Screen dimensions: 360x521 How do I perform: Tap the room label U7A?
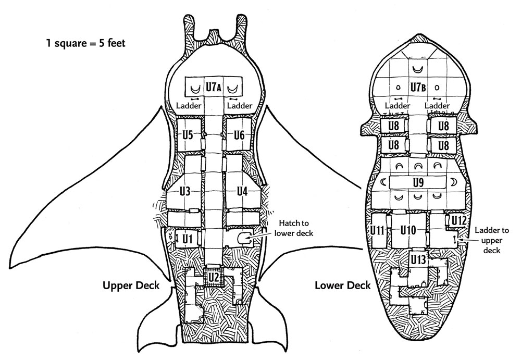[x=213, y=88]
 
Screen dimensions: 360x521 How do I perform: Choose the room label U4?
[x=242, y=191]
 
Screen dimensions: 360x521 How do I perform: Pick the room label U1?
[x=188, y=239]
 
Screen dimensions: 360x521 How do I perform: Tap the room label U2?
[x=213, y=277]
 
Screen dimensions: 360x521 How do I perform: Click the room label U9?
[x=417, y=182]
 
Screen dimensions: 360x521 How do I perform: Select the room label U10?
[x=409, y=230]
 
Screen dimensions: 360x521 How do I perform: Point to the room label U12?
[x=458, y=220]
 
